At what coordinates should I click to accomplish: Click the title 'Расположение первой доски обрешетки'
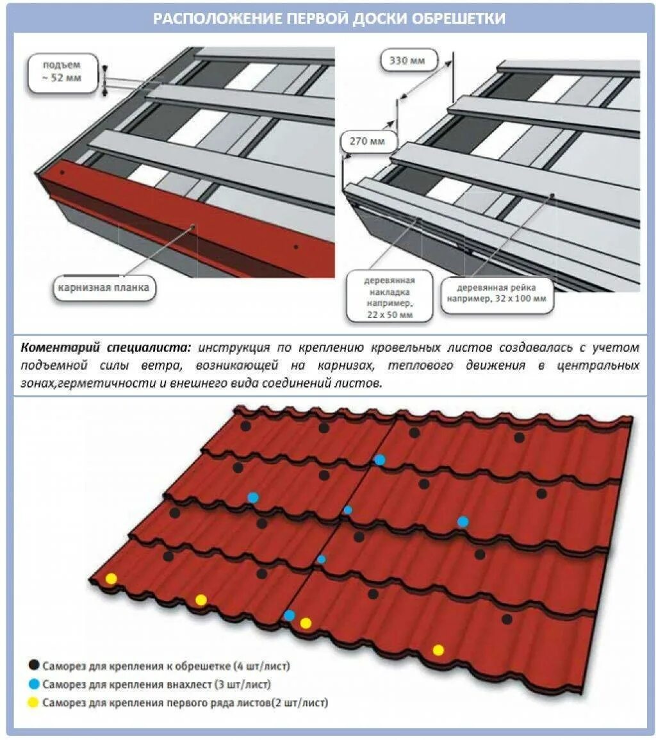(x=328, y=18)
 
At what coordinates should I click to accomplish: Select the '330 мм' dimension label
(x=408, y=62)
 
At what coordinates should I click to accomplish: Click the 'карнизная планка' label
(x=103, y=288)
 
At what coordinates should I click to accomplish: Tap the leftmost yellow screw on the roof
(x=111, y=579)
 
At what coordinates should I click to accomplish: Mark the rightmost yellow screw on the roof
(x=438, y=650)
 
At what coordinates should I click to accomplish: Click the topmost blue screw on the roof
(x=380, y=459)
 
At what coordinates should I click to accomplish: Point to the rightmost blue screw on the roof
(x=463, y=522)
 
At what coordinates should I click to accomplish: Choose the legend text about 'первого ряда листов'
(x=186, y=703)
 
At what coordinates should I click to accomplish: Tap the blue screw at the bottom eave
(x=290, y=615)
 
